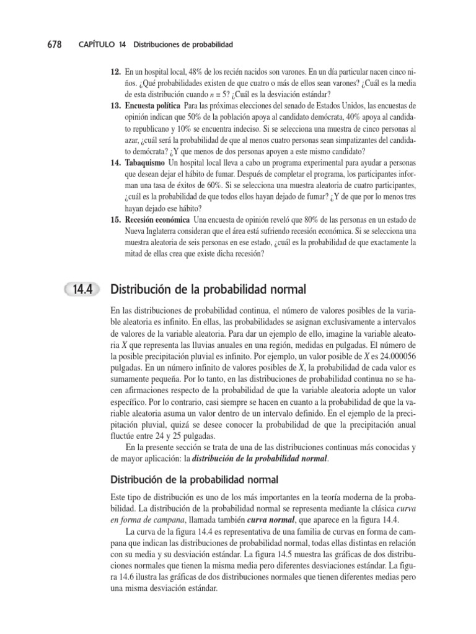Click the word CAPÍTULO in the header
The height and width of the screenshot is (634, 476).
click(x=97, y=45)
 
